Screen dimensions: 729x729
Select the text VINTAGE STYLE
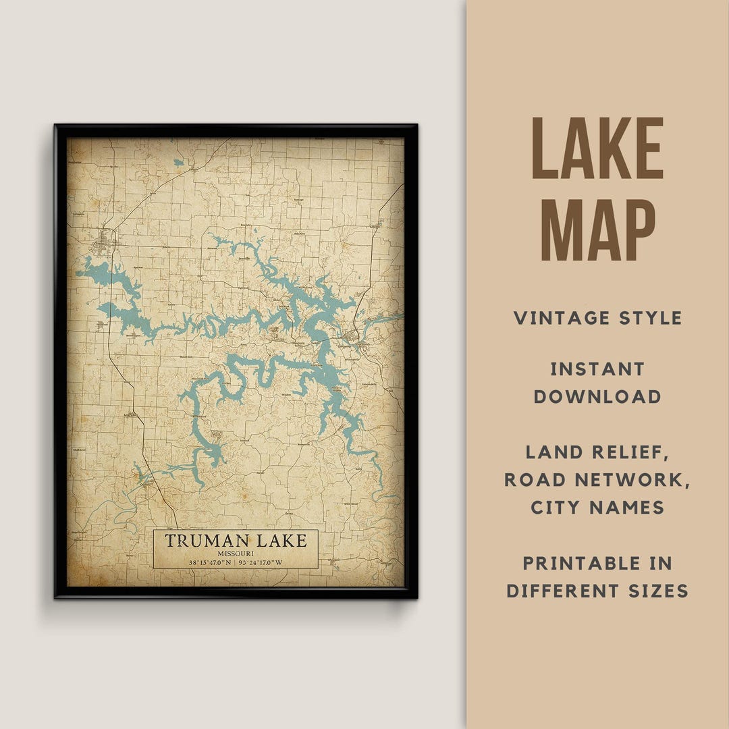coord(597,318)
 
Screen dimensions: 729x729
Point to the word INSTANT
coord(597,369)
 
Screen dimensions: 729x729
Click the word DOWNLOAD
coord(597,397)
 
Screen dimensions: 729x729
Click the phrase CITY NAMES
coord(597,508)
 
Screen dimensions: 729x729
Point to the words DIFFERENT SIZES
coord(597,591)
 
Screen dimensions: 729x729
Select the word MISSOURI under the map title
coord(236,553)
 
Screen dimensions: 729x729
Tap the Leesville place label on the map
coord(244,259)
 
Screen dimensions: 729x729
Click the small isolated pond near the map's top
coord(178,163)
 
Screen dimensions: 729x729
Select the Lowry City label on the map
coord(130,416)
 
